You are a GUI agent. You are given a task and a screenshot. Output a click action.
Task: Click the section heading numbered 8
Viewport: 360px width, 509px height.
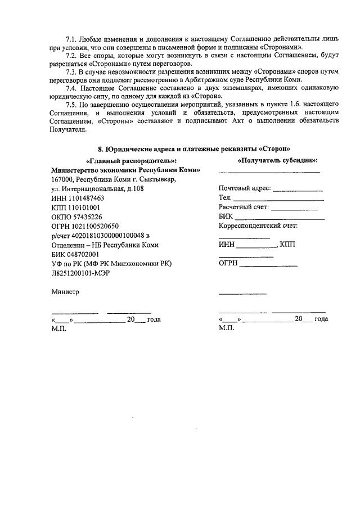click(x=194, y=149)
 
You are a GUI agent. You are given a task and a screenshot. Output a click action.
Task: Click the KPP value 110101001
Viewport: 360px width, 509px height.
click(x=84, y=208)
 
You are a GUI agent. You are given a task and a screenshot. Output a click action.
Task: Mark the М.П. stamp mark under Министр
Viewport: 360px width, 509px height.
click(x=58, y=328)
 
